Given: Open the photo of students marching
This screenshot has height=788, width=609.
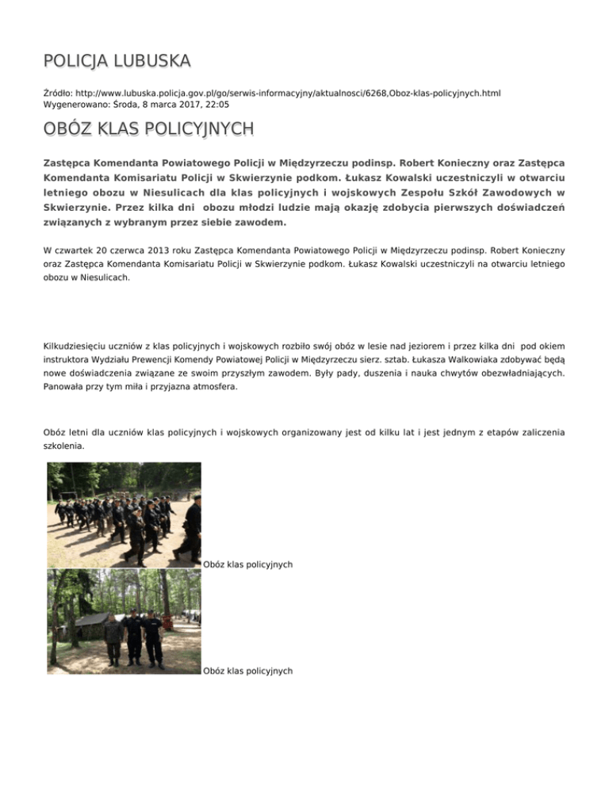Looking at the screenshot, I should (124, 515).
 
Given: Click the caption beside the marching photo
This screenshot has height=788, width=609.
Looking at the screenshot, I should (248, 564).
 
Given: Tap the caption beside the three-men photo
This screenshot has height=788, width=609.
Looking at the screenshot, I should (248, 671).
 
